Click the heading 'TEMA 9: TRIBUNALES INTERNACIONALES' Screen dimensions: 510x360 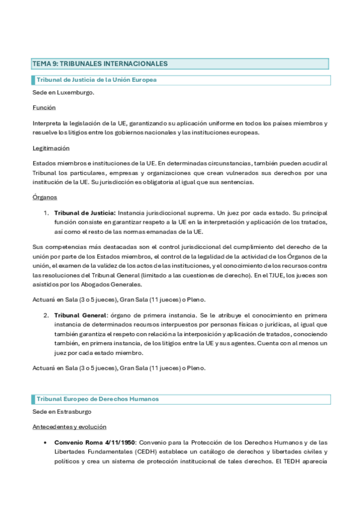(x=100, y=64)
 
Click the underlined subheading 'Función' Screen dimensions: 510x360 (x=44, y=108)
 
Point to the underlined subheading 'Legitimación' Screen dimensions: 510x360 (x=51, y=148)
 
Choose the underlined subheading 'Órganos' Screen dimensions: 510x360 (x=46, y=197)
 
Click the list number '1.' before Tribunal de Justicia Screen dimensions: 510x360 (x=46, y=213)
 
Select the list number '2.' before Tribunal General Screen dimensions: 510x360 (x=46, y=315)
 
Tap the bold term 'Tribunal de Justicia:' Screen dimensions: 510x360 (x=85, y=213)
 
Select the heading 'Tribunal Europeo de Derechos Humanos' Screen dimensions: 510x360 (x=97, y=399)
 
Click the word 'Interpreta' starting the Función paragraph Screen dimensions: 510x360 (x=47, y=123)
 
